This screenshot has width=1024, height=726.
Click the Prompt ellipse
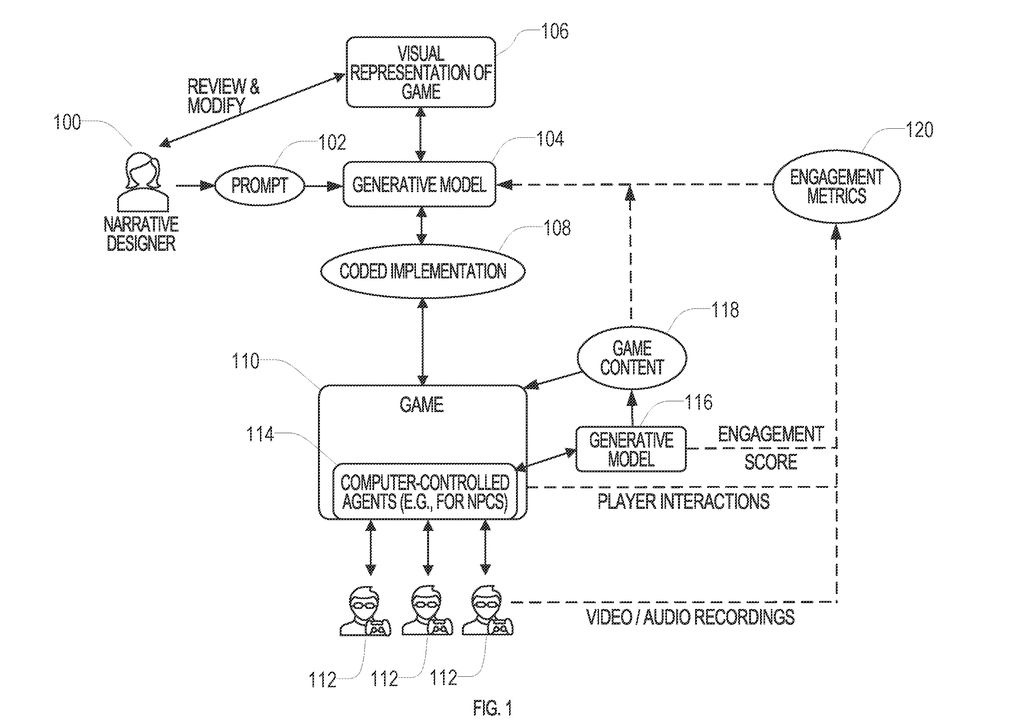[x=258, y=186]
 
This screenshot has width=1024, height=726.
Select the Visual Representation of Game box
[x=420, y=70]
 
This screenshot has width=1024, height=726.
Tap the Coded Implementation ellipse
[x=423, y=271]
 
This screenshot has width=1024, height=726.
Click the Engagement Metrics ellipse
[x=836, y=186]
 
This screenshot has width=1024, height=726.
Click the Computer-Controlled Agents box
[x=423, y=490]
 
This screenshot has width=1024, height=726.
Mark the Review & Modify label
[x=223, y=95]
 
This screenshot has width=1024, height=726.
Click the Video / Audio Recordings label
[x=690, y=617]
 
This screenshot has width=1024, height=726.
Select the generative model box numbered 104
[x=420, y=185]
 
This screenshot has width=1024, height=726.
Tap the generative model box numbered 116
[x=631, y=449]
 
